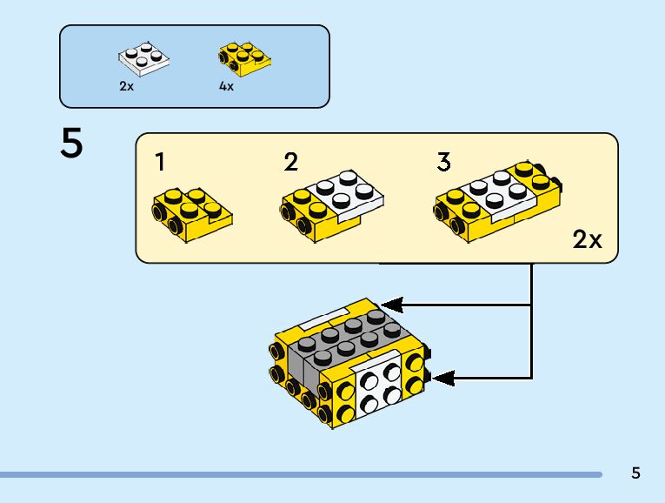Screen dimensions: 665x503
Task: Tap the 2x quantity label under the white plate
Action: (x=127, y=87)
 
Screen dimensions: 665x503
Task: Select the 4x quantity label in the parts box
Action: (x=227, y=87)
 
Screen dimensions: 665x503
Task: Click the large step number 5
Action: (x=72, y=144)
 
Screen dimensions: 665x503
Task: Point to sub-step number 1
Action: (x=160, y=162)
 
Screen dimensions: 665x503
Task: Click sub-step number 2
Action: (x=291, y=162)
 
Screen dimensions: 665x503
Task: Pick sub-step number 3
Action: (x=444, y=162)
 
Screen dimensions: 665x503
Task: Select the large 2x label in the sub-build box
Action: (x=588, y=240)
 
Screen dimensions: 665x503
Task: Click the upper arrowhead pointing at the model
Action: (x=392, y=305)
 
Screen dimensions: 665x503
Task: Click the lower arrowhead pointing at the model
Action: (x=443, y=378)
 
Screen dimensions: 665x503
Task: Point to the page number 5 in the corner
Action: (x=635, y=473)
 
